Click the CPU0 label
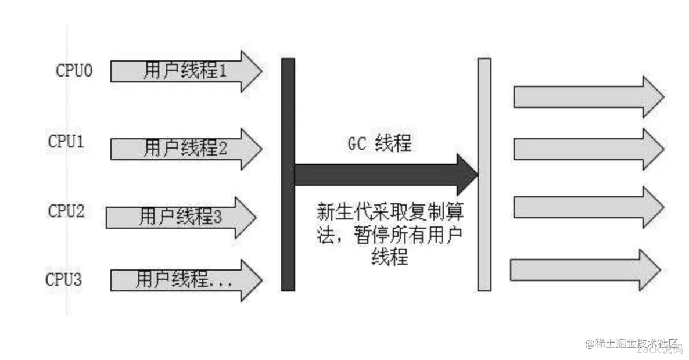74,71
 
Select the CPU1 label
66,141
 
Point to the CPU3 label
64,279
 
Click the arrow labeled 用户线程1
186,72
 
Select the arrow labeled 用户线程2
186,149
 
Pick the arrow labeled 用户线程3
181,217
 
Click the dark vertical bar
288,174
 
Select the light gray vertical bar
484,174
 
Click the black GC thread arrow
383,175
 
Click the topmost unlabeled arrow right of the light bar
587,96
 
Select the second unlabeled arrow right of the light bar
587,149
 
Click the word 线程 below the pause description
389,257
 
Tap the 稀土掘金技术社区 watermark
633,344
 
